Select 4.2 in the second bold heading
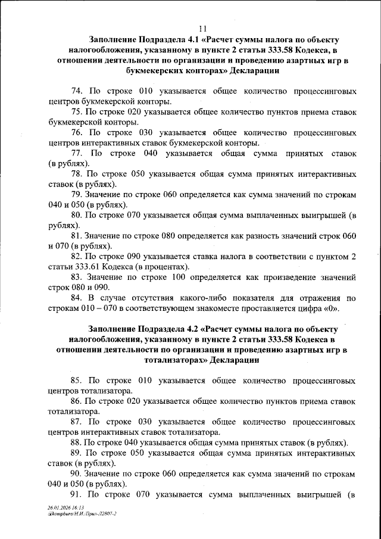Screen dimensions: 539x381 [182, 329]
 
